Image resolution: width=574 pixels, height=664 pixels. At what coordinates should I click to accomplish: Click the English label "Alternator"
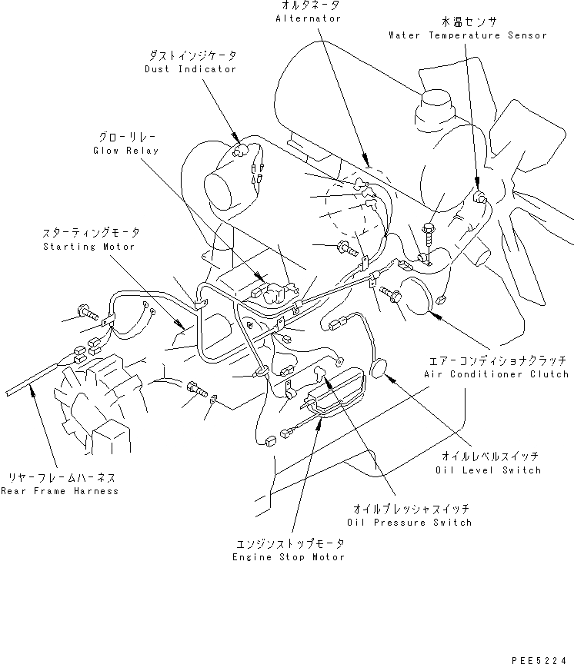point(308,18)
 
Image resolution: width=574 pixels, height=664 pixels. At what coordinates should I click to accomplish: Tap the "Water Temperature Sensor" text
point(468,35)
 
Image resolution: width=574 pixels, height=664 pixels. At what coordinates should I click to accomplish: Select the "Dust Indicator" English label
point(190,69)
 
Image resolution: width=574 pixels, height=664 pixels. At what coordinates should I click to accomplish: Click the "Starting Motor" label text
point(88,247)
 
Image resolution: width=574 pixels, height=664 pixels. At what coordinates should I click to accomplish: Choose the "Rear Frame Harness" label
point(60,490)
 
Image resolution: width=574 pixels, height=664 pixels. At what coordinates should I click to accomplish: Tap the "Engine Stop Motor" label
point(288,556)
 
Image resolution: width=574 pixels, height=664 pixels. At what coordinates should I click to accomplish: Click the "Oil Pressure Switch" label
point(412,523)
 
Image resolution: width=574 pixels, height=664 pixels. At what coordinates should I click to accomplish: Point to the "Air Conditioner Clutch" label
point(496,374)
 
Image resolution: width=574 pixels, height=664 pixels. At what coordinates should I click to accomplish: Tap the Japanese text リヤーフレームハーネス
point(60,477)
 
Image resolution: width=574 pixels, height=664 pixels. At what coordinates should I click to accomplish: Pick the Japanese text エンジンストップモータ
point(288,543)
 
